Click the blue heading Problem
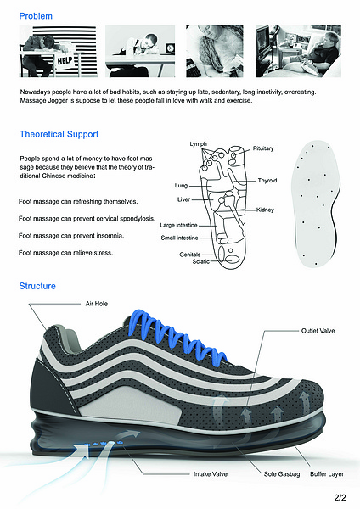tap(36, 16)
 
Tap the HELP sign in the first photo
tap(65, 61)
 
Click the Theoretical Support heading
tap(59, 134)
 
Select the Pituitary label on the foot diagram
tap(263, 148)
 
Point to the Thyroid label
tap(267, 181)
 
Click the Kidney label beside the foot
tap(265, 210)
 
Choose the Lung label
tap(181, 185)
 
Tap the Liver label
tap(183, 199)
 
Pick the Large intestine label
tap(178, 225)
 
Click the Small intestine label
tap(179, 238)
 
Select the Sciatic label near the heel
tap(200, 261)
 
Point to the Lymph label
tap(198, 144)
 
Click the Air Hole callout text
tap(97, 304)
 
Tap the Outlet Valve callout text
tap(318, 331)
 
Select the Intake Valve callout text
tap(211, 474)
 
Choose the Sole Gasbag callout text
tap(282, 474)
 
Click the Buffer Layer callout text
tap(327, 474)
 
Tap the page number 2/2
tap(340, 497)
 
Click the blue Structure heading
tap(37, 286)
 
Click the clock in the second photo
tap(171, 48)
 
